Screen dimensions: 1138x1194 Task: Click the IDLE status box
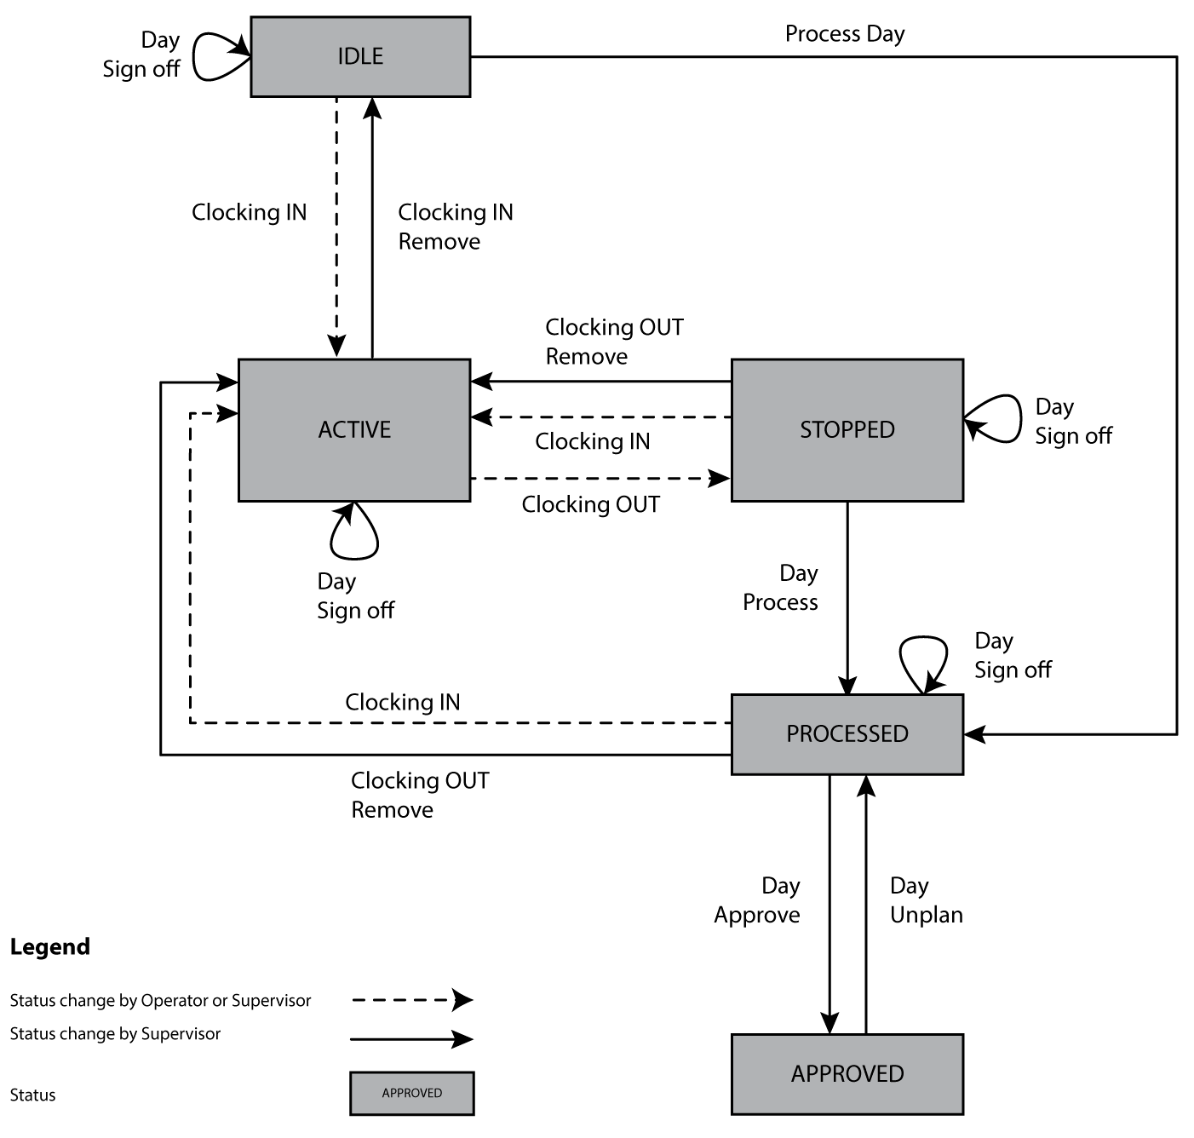360,56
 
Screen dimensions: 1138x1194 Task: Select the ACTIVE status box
354,429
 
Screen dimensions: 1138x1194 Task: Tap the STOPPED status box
847,429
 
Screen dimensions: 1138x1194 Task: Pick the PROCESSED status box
847,733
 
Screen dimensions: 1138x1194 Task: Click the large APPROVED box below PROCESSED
847,1073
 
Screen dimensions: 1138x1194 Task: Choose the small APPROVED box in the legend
411,1093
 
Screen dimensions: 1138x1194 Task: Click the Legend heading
49,946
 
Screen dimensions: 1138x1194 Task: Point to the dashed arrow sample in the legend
411,999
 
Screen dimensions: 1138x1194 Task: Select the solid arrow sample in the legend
411,1038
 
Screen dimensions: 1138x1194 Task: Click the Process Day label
844,34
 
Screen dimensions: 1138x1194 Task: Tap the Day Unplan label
926,900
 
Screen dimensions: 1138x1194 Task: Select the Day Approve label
757,900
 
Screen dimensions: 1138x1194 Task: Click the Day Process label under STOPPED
780,588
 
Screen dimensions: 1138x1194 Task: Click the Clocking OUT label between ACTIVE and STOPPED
590,504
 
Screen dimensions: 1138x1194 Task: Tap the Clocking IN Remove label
455,227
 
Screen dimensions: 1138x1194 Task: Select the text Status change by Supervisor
115,1034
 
